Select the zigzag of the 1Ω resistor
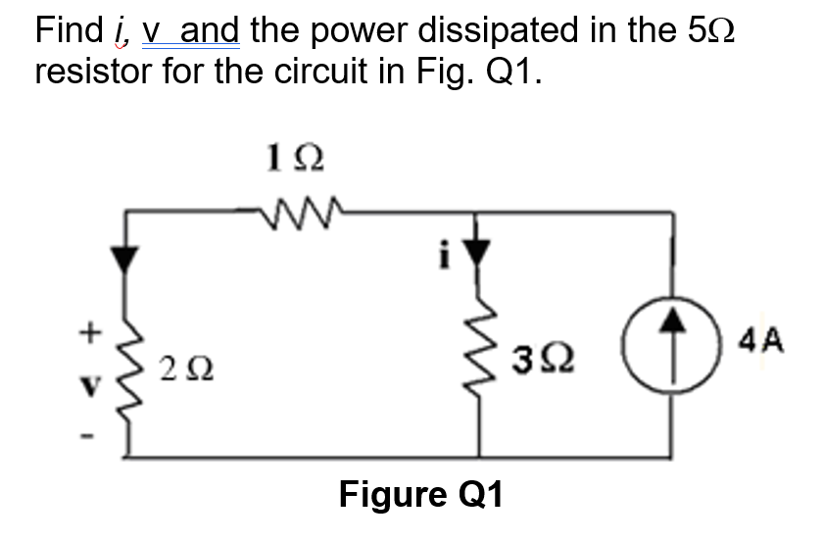[x=294, y=209]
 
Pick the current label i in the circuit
[x=445, y=260]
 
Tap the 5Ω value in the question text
[x=706, y=31]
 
